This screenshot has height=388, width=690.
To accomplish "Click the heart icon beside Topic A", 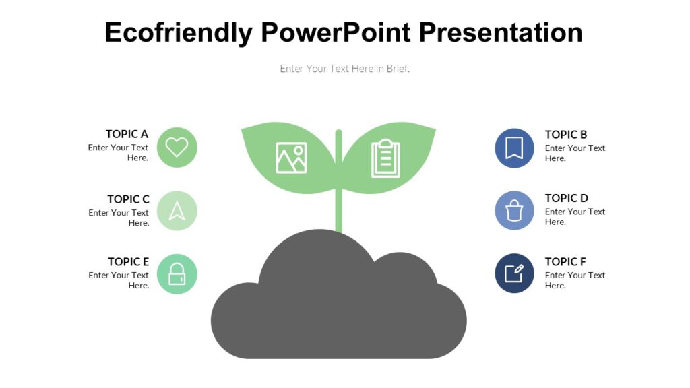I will (x=177, y=147).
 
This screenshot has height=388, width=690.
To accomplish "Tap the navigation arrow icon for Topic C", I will (x=177, y=211).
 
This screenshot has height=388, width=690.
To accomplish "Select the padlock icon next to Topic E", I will (x=177, y=274).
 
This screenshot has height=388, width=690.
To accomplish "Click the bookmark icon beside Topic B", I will (x=514, y=148).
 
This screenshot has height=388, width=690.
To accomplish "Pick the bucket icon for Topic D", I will (x=514, y=211).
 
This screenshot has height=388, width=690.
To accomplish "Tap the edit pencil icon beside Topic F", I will (x=514, y=273).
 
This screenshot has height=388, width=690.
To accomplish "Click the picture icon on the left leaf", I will (x=291, y=158).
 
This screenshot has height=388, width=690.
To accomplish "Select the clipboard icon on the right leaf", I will (x=385, y=158).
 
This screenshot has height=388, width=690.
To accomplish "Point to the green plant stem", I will (x=339, y=209).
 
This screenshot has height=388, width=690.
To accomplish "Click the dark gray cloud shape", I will (x=339, y=310).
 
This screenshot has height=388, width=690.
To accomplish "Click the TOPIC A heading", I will (x=127, y=134).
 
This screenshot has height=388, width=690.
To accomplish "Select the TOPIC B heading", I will (x=566, y=135).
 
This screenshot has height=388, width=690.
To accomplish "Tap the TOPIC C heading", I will (x=128, y=199).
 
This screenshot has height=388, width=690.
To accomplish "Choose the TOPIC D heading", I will (x=567, y=198).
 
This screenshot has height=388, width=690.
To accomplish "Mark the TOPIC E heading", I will (x=128, y=262).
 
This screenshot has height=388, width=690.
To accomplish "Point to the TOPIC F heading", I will (x=565, y=262).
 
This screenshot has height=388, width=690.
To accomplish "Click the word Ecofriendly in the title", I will (x=179, y=32).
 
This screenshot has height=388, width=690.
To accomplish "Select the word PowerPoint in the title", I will (x=335, y=32).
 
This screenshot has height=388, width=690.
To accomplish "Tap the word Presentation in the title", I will (x=500, y=32).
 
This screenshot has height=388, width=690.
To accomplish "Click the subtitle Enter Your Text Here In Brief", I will (x=345, y=69).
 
